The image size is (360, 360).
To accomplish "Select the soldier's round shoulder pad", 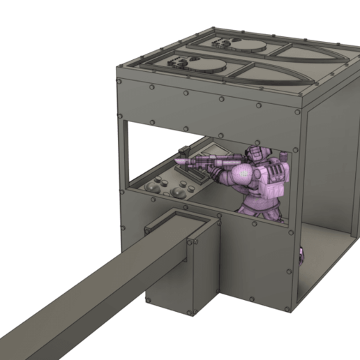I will click(243, 172).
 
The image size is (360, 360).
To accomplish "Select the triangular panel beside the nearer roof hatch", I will click(269, 75).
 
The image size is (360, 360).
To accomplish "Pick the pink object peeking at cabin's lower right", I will click(301, 255).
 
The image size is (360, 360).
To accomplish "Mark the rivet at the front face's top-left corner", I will click(122, 83).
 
